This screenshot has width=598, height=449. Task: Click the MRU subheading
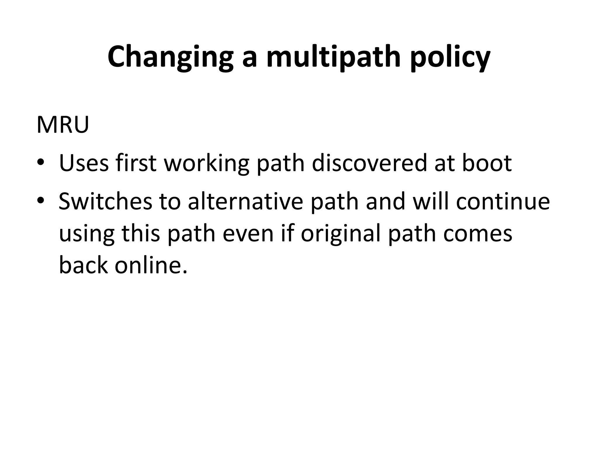pyautogui.click(x=62, y=125)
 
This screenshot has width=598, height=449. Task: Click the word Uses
pyautogui.click(x=84, y=163)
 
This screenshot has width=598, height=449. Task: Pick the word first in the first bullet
pyautogui.click(x=136, y=163)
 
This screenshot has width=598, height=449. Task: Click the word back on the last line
pyautogui.click(x=83, y=265)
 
